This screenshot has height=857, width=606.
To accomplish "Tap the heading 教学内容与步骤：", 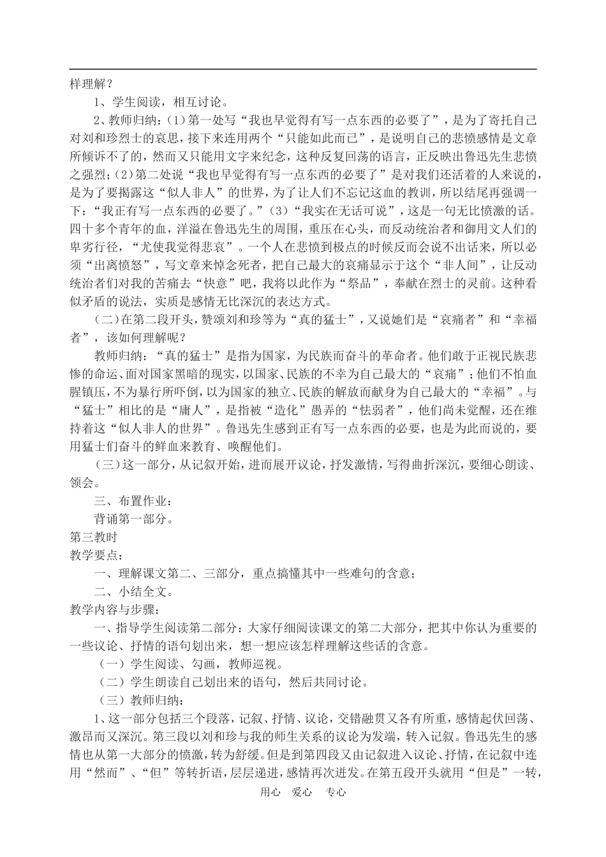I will [x=111, y=611].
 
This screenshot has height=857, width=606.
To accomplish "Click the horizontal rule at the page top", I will [x=303, y=69].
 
